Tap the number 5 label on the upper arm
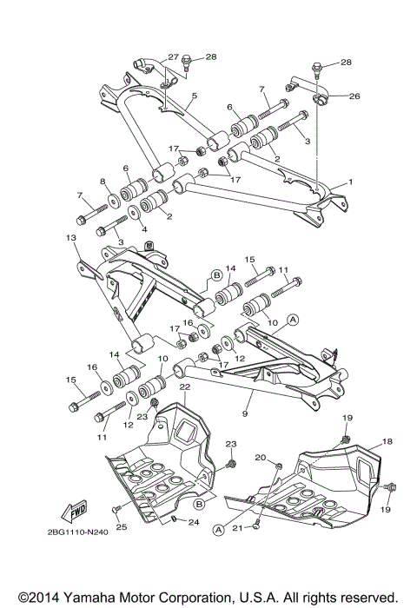(x=195, y=96)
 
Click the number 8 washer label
(x=103, y=182)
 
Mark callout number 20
(x=260, y=458)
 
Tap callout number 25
(x=96, y=527)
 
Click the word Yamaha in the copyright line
(x=93, y=598)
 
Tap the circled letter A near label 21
(x=219, y=527)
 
